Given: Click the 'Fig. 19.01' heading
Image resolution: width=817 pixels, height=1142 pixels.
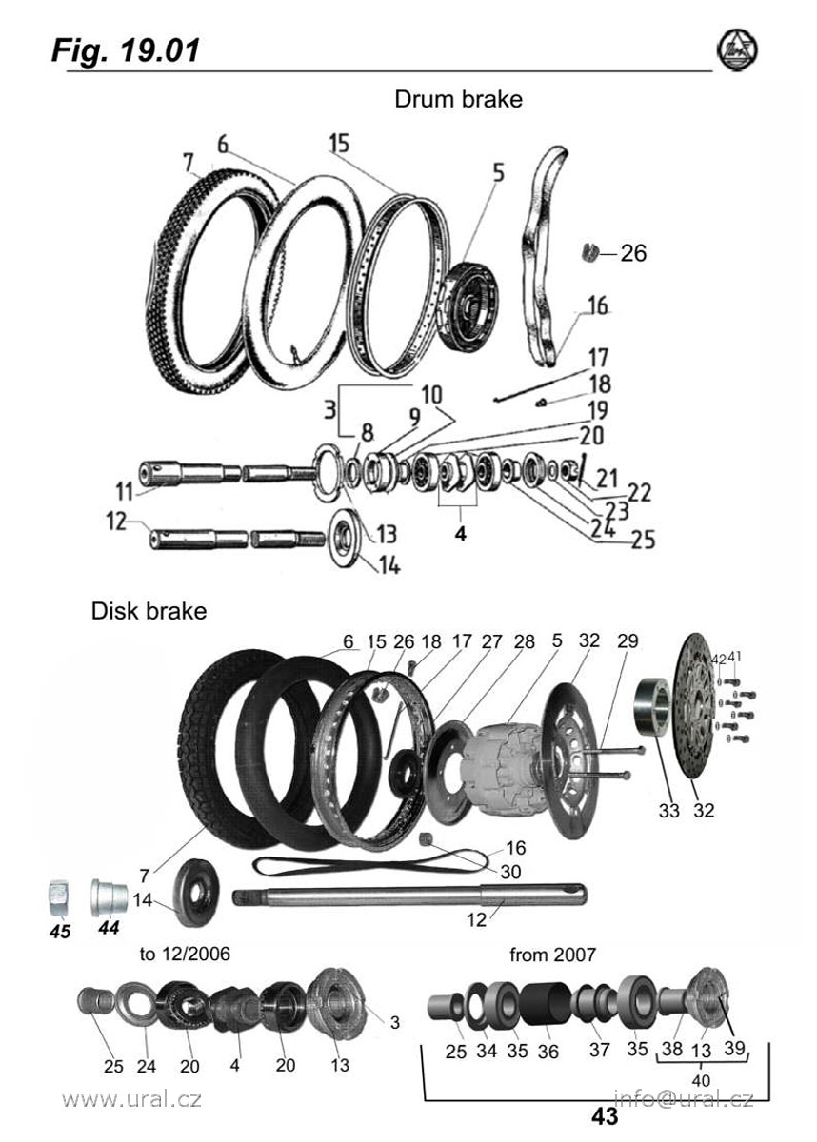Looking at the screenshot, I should point(126,49).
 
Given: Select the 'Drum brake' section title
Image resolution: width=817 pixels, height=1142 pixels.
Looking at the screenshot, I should point(458,99).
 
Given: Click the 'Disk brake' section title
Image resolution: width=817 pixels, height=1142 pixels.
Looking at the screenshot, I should point(149,611).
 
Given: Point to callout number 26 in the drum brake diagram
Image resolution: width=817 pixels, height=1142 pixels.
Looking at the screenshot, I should point(633,253).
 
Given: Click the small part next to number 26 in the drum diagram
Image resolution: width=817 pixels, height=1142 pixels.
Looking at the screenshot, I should point(588,252).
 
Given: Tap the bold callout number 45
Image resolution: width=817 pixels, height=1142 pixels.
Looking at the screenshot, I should point(60,932).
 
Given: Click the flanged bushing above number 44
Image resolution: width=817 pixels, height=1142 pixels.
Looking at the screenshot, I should point(109,896).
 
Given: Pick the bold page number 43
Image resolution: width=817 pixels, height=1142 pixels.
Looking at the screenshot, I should point(604,1117).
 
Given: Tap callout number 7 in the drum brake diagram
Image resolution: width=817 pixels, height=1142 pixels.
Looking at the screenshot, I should point(189,163).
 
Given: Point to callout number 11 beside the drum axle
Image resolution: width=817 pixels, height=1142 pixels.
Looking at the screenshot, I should point(125,492).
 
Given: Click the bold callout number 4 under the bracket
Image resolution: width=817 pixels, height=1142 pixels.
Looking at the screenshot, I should point(460,534).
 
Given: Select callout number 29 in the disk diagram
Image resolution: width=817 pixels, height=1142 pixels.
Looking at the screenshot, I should point(628,640).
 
